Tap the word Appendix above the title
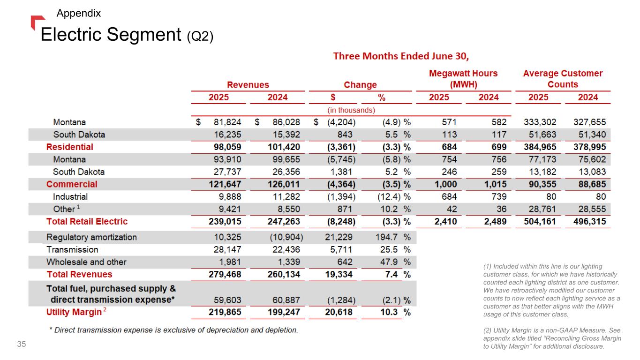[x=78, y=13]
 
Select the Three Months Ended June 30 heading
[x=401, y=56]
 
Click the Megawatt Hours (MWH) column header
[x=463, y=79]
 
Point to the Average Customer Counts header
[x=563, y=79]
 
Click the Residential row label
[x=69, y=147]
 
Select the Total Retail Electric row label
[x=87, y=221]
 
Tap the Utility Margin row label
[x=74, y=312]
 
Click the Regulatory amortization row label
[x=91, y=237]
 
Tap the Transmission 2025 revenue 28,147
[x=227, y=249]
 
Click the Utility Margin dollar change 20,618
[x=340, y=312]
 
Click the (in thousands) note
[x=351, y=110]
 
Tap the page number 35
[x=22, y=345]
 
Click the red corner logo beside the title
[x=38, y=22]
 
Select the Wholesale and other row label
[x=86, y=262]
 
